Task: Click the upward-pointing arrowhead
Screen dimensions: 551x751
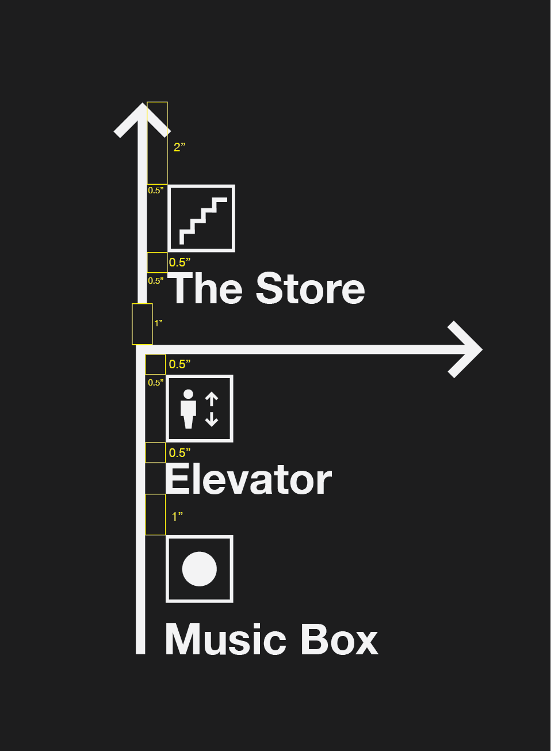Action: (141, 117)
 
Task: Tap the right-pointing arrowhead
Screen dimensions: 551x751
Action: (466, 349)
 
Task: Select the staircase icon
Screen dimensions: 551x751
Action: (201, 219)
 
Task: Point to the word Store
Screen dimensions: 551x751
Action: (310, 289)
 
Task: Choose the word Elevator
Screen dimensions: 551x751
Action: (248, 480)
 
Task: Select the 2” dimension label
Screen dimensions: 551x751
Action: (179, 147)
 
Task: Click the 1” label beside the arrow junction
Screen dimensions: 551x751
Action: (158, 323)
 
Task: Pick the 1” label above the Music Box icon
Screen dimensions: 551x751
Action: (177, 517)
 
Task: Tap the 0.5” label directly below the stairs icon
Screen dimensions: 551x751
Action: (179, 262)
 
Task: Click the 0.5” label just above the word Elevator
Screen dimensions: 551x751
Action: (179, 453)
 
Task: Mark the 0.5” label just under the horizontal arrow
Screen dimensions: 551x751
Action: (179, 364)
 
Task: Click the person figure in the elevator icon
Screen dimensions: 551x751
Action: (188, 409)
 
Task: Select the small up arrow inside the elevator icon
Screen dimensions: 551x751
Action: (212, 398)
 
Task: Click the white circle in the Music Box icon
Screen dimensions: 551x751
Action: (200, 569)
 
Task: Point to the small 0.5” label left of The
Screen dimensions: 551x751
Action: (155, 281)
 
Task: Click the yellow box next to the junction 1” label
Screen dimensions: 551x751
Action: (142, 324)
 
